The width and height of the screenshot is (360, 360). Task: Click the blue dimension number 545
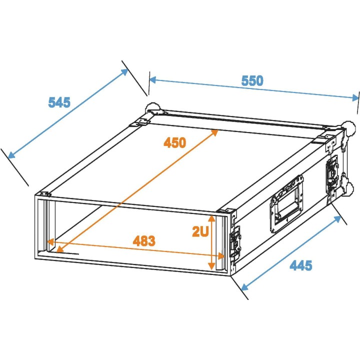tap(59, 102)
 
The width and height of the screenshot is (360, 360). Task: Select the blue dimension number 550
tap(252, 80)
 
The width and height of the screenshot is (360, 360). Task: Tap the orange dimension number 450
tap(174, 142)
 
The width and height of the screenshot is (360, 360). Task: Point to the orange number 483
tap(144, 240)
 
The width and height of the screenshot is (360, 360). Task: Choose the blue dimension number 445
tap(301, 265)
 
